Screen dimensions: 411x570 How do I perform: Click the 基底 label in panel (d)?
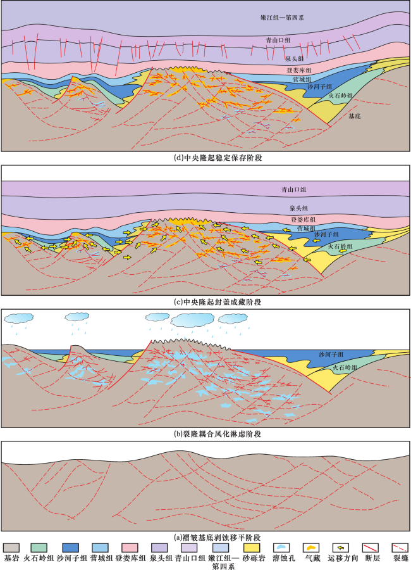point(354,117)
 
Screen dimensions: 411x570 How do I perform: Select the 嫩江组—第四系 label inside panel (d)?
point(282,18)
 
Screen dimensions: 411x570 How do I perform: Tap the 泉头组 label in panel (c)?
point(298,208)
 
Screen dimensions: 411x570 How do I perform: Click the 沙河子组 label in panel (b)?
point(331,355)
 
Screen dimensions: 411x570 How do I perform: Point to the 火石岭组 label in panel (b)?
point(345,367)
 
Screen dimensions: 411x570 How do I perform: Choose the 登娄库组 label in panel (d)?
point(299,70)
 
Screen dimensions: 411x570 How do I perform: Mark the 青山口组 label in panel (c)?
point(294,189)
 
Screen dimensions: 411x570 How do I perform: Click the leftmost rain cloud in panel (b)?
point(19,319)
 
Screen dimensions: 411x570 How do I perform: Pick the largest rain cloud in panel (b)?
point(192,320)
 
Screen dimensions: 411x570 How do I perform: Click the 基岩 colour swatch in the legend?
point(11,548)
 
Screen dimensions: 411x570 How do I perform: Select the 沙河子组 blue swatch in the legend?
point(71,548)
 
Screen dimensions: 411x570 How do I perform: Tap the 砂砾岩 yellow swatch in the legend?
point(252,548)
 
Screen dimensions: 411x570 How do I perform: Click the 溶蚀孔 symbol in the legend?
point(281,548)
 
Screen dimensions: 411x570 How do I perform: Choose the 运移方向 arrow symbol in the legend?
point(341,548)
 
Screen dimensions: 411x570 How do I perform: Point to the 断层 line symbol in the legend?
point(371,548)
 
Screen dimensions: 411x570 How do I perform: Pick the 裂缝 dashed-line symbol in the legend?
point(400,548)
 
